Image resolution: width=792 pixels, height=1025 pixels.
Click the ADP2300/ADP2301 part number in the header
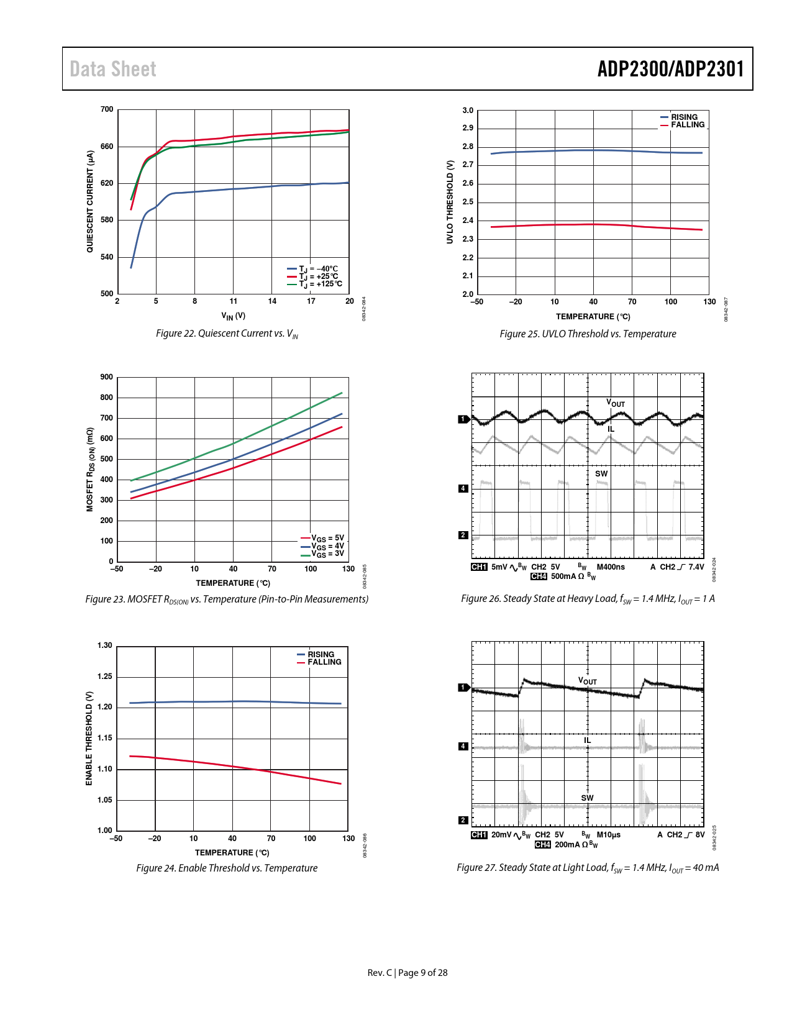pos(670,69)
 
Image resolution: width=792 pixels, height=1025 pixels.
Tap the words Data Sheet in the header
pos(113,69)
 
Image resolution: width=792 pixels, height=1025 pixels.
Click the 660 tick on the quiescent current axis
pos(107,147)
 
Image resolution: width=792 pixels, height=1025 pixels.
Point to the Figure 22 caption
pos(227,334)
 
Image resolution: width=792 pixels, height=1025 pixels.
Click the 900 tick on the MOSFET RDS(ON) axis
pos(107,377)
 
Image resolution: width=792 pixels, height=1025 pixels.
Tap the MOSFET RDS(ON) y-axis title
pos(90,470)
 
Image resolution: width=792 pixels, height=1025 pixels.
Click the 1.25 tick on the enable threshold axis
pos(105,676)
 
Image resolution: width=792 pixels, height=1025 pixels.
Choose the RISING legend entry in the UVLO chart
pos(683,117)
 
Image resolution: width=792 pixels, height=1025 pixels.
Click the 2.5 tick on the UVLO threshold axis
pos(468,202)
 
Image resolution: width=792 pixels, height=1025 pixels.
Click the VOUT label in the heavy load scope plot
pos(615,404)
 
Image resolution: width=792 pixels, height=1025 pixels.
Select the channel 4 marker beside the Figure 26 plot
pos(463,489)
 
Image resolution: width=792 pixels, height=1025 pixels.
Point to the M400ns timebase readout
pos(611,567)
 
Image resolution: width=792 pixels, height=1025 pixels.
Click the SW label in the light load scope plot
pos(587,798)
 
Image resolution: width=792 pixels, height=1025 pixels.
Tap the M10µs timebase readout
pos(608,835)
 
